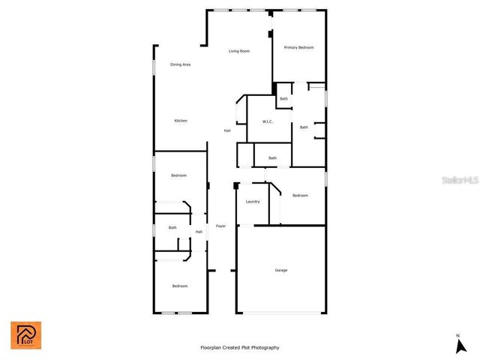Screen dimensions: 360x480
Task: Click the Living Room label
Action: [239, 51]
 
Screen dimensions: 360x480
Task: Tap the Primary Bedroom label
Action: [298, 47]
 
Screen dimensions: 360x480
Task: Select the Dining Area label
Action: [180, 64]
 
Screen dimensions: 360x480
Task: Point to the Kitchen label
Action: [181, 121]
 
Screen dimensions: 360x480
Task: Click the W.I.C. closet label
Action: [267, 121]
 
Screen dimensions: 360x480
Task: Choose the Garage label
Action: [280, 270]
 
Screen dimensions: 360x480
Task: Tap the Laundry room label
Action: [253, 201]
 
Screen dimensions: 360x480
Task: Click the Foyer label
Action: [220, 226]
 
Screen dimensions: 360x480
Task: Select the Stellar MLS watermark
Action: [459, 181]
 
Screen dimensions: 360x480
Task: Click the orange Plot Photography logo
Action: [25, 335]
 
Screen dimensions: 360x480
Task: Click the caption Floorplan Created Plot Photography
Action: [240, 347]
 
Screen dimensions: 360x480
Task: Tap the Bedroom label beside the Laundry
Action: [300, 196]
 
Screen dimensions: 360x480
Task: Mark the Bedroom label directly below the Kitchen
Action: [178, 175]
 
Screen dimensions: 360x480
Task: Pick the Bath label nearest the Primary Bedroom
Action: [283, 99]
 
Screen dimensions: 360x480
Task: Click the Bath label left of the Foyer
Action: [172, 228]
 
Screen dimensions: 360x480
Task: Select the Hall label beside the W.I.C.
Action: [226, 131]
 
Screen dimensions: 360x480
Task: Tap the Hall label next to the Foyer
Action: [199, 232]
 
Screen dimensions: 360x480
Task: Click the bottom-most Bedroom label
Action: [179, 286]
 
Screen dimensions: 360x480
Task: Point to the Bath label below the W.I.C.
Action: [272, 157]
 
